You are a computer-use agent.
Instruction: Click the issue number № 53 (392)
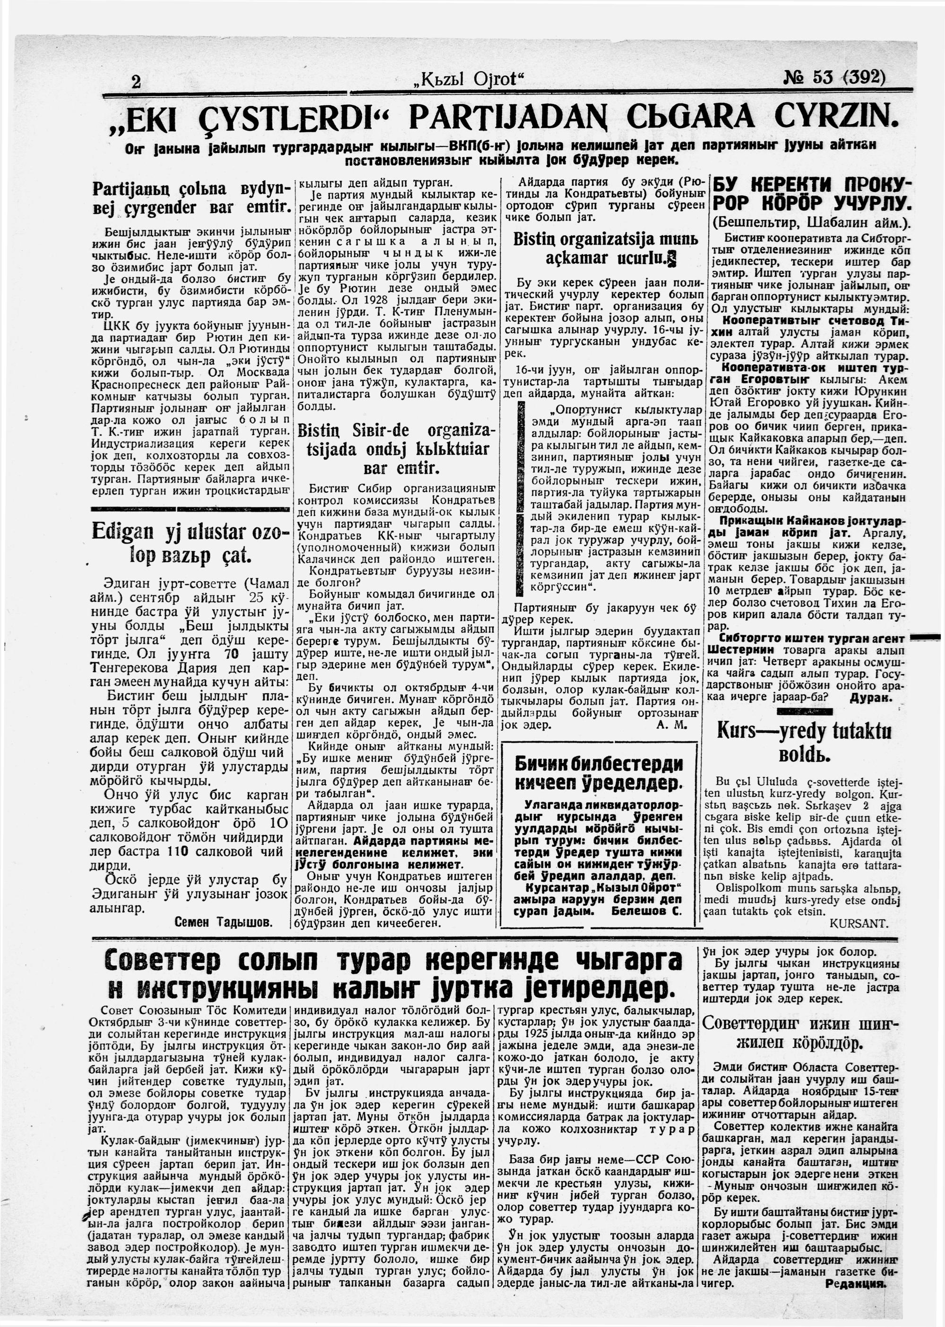point(834,77)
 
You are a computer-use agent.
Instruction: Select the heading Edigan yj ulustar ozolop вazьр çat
point(189,543)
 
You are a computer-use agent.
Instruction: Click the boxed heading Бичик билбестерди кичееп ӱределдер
point(598,773)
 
